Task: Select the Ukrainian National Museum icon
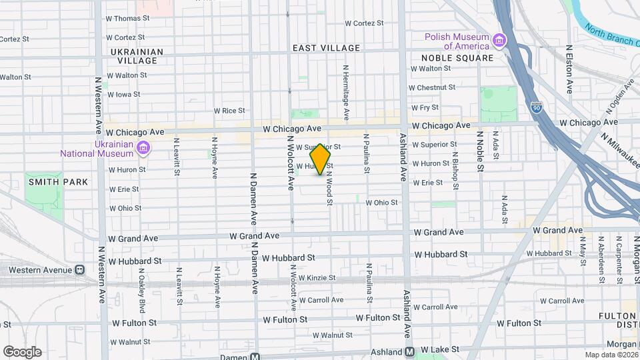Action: point(142,148)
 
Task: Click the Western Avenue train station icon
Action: point(79,270)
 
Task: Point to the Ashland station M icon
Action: point(409,351)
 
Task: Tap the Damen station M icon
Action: point(254,356)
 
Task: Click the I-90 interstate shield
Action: point(537,107)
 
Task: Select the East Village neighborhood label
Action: point(327,48)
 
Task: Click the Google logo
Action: point(22,352)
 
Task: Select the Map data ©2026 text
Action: point(611,355)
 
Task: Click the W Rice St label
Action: point(229,111)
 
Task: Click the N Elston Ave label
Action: point(570,69)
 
